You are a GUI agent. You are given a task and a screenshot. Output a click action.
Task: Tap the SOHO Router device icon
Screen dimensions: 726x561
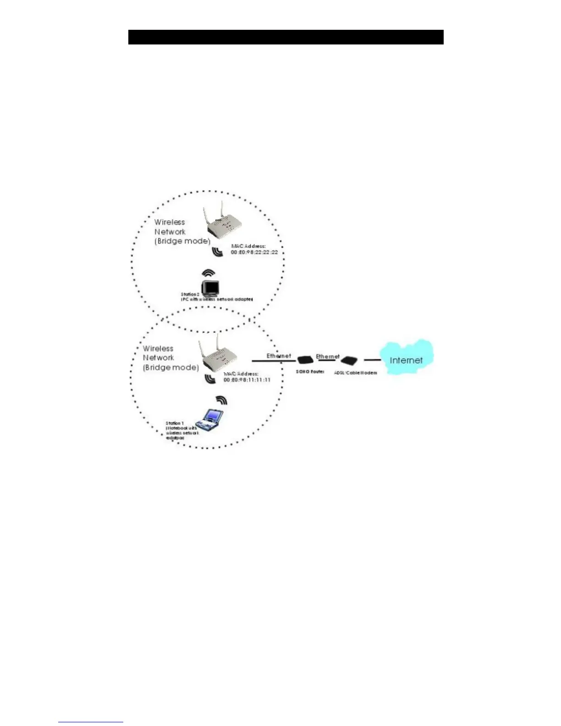pos(305,360)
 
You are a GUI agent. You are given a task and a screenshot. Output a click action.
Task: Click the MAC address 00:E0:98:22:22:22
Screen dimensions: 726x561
pos(254,252)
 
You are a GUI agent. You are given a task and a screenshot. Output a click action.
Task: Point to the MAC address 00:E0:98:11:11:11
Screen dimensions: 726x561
pos(247,379)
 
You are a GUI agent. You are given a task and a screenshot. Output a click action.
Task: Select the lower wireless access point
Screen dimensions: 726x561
pos(218,357)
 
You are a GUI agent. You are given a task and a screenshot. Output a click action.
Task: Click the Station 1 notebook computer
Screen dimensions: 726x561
pos(210,420)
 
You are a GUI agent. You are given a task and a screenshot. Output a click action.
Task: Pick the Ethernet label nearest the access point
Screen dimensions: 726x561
pos(279,356)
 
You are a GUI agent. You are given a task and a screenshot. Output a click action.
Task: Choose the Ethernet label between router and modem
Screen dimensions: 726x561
pos(327,356)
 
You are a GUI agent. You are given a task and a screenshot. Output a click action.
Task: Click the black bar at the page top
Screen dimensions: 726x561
pos(286,37)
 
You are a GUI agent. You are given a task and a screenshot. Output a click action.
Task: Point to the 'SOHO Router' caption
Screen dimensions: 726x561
pos(310,371)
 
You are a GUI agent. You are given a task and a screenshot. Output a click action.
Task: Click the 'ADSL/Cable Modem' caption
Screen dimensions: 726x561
pos(355,373)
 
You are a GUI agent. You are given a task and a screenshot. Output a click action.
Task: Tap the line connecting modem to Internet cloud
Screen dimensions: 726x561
pos(372,360)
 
